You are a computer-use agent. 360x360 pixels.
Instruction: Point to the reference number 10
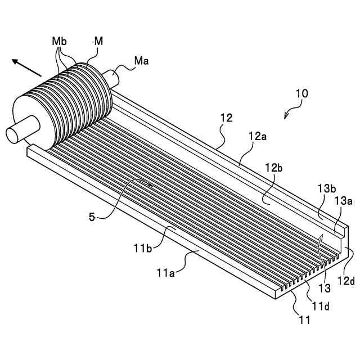[301, 93]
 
